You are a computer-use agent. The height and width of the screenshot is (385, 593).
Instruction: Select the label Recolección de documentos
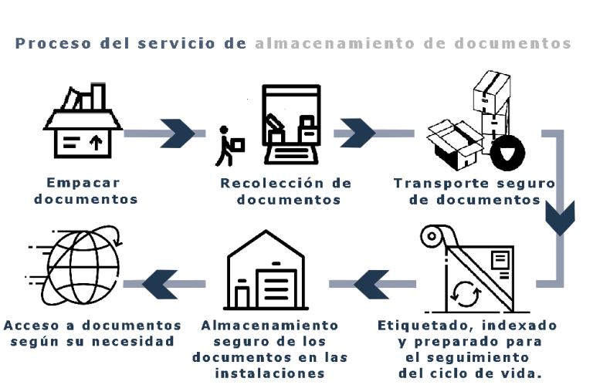pyautogui.click(x=286, y=191)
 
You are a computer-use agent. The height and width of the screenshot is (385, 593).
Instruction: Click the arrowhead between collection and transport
pyautogui.click(x=356, y=133)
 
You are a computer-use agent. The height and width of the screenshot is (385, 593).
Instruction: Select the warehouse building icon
pyautogui.click(x=265, y=274)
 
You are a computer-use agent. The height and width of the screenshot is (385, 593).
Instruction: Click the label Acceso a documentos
pyautogui.click(x=93, y=326)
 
